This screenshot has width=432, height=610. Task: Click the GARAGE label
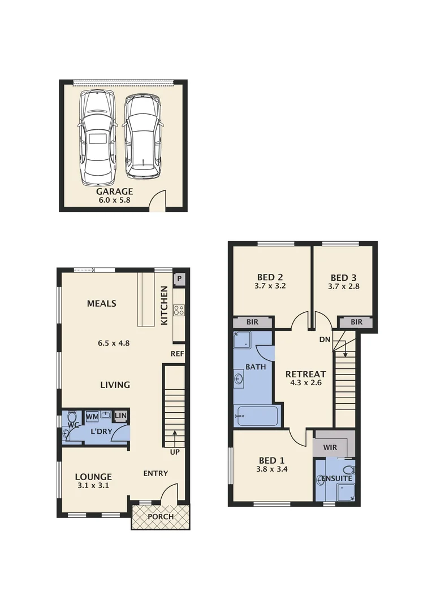(114, 191)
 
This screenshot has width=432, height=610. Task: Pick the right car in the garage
(142, 136)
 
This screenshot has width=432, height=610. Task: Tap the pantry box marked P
(180, 278)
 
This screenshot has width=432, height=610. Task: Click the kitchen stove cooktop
(179, 310)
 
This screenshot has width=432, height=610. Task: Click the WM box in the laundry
(92, 416)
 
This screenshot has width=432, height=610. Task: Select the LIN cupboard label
(120, 416)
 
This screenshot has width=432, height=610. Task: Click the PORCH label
(161, 517)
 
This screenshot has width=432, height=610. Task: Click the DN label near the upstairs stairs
(325, 340)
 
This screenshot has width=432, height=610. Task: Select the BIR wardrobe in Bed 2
(253, 322)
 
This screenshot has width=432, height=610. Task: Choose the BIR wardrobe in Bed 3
(356, 322)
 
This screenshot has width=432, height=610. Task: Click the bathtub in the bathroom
(257, 416)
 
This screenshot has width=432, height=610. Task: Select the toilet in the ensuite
(348, 470)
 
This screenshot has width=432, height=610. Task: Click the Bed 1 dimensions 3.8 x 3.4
(271, 468)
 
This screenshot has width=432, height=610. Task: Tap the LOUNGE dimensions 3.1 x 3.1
(93, 485)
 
